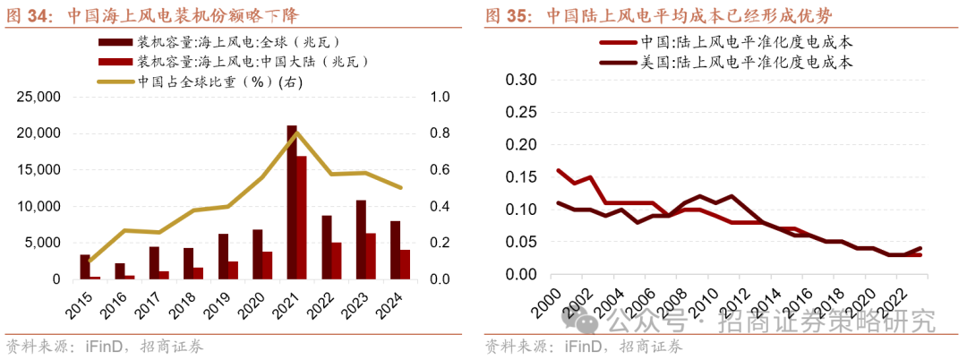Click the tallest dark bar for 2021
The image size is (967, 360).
(291, 202)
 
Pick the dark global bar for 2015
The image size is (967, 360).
(84, 267)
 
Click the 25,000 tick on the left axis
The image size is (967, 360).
(37, 97)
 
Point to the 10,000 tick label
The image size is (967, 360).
(37, 206)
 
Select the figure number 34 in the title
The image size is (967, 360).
(39, 15)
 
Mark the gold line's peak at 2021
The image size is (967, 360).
(296, 133)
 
